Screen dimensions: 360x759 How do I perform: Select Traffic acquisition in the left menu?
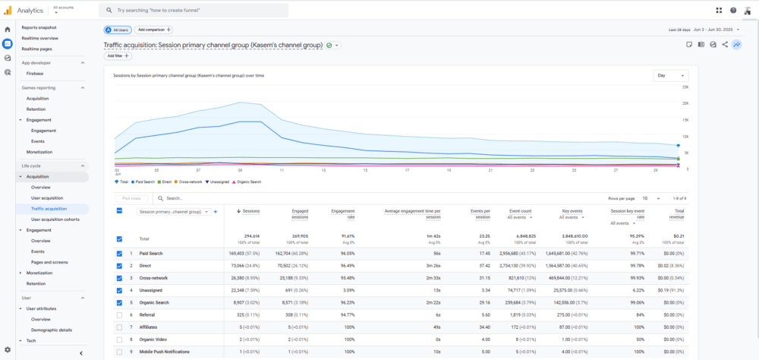click(49, 208)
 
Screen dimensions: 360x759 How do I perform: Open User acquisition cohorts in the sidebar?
click(55, 219)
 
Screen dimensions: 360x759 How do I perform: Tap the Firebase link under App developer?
click(35, 74)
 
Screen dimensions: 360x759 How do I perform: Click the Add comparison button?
click(153, 30)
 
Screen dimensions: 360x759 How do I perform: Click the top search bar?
click(194, 10)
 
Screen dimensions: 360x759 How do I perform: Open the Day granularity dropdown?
click(670, 76)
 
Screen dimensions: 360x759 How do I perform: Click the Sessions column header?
click(249, 211)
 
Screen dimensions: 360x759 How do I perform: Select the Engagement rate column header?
click(344, 213)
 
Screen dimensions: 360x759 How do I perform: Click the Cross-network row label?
click(155, 278)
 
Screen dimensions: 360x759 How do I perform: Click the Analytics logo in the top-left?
click(25, 10)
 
